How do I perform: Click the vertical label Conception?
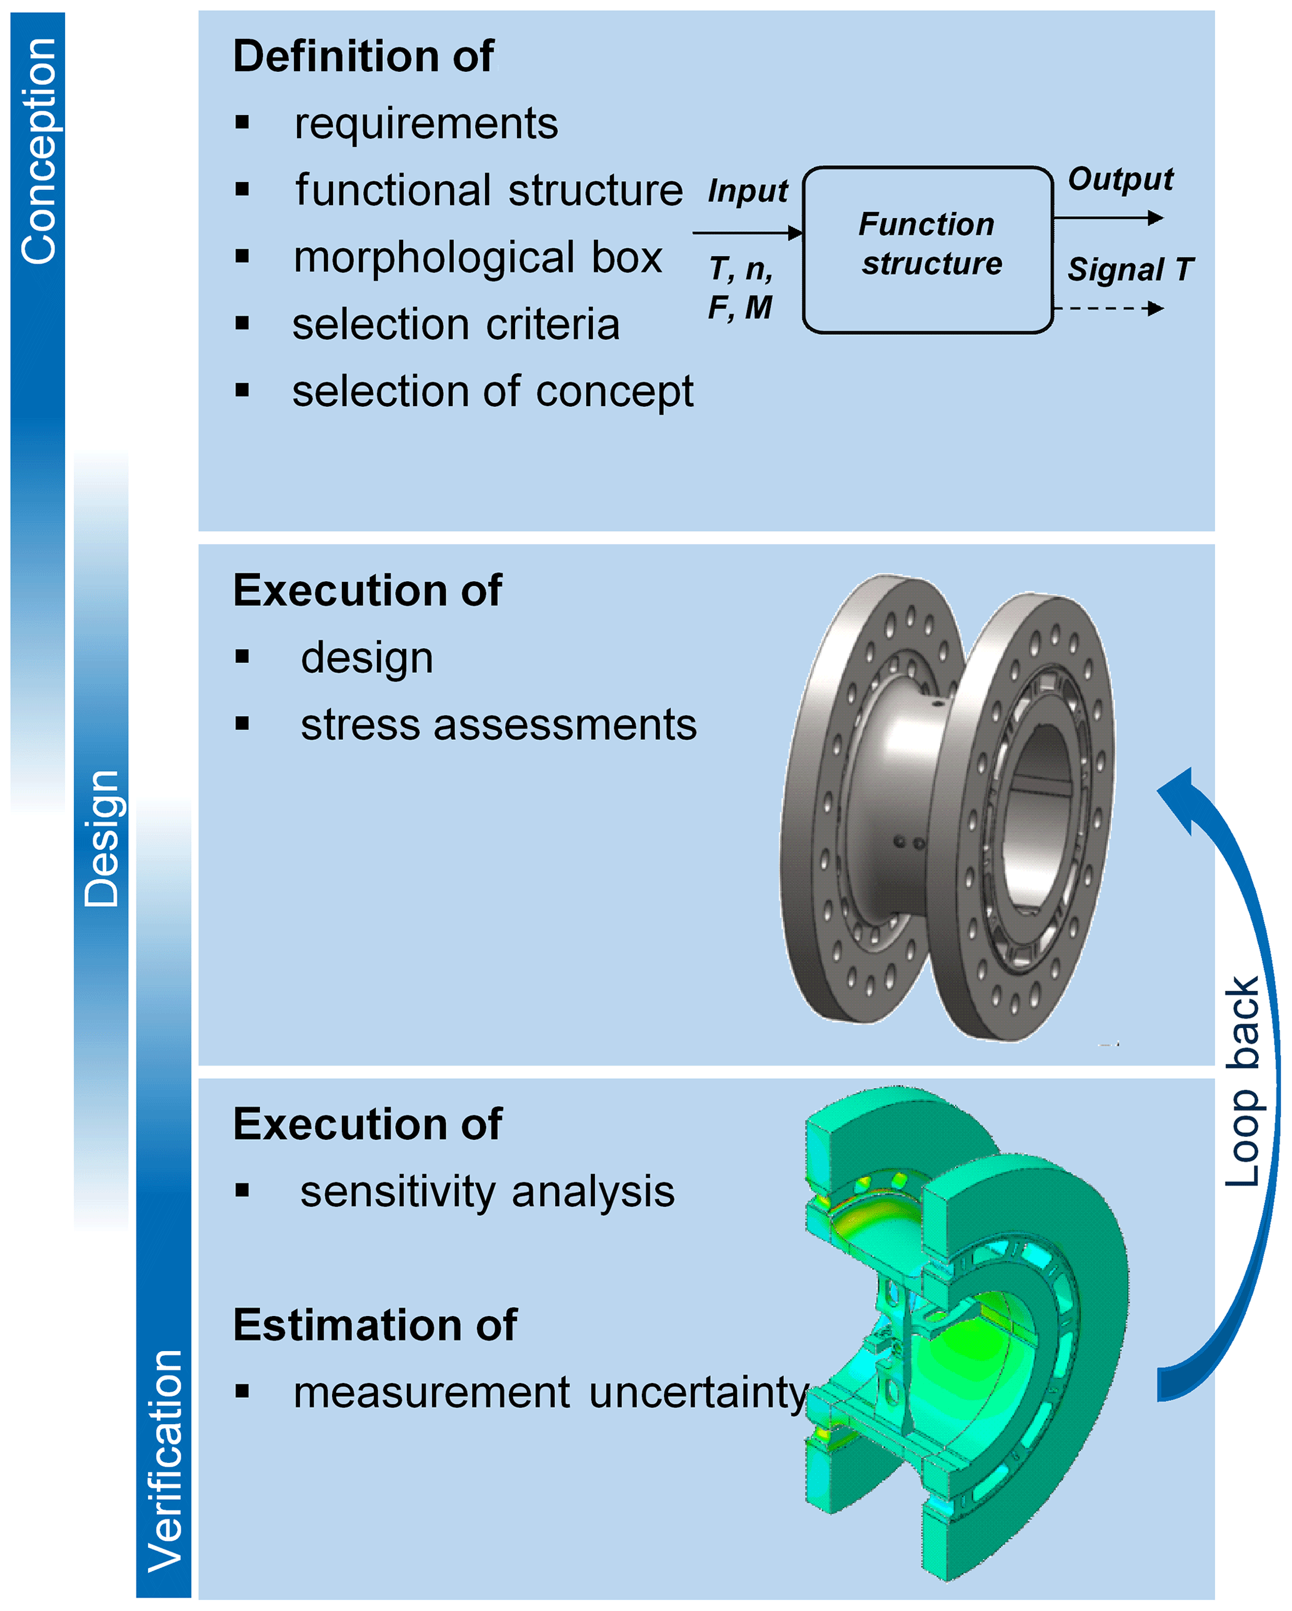[38, 152]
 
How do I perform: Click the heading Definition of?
[363, 57]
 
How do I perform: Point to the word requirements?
[426, 124]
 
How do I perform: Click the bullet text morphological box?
[478, 258]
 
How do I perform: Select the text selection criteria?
[456, 325]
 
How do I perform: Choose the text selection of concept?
[493, 392]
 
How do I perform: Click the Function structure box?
[928, 249]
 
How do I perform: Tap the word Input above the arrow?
[747, 191]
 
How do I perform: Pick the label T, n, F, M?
[741, 287]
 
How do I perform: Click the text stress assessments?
[498, 726]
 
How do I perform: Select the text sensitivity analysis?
[487, 1192]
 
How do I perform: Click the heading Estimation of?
[374, 1325]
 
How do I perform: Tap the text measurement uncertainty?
[551, 1393]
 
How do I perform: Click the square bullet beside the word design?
[242, 657]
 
